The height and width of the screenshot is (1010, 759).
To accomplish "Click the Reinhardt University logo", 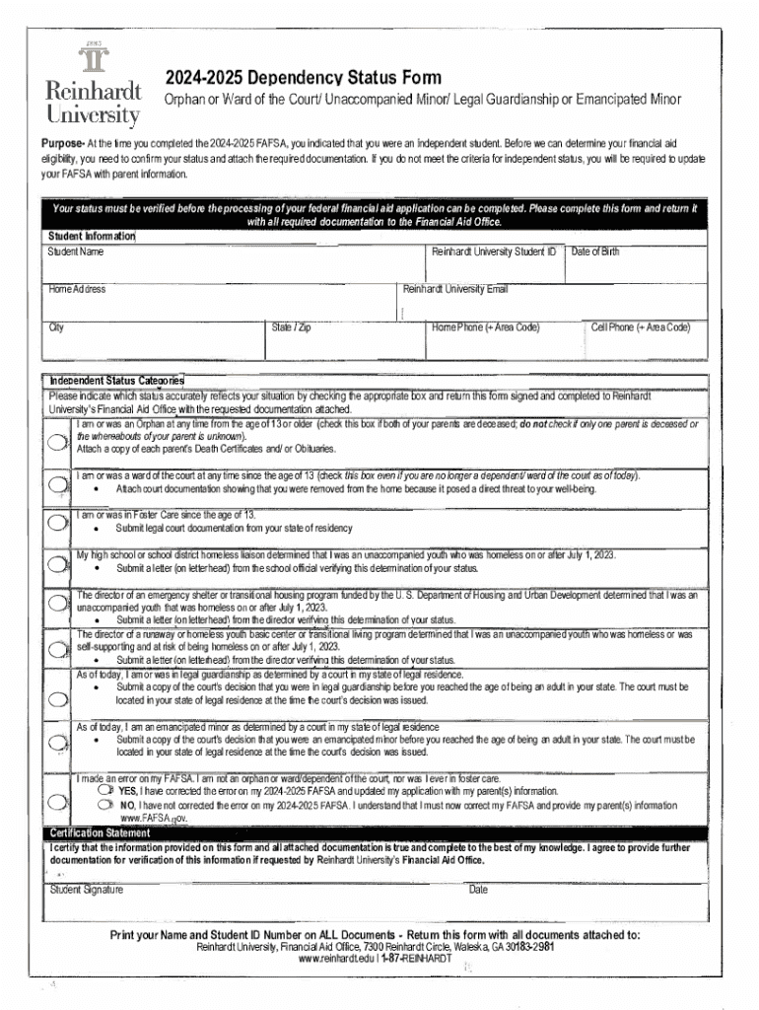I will coord(95,87).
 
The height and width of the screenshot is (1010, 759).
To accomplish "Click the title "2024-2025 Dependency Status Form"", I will coord(303,78).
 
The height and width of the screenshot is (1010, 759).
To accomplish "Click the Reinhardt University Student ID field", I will coord(495,267).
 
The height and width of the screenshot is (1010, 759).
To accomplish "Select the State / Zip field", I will coord(345,342).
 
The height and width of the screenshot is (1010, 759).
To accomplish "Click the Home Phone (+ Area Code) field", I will coord(504,342).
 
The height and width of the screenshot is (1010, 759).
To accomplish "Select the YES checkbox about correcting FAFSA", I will coord(103,790).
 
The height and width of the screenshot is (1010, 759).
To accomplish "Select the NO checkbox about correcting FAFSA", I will coord(103,804).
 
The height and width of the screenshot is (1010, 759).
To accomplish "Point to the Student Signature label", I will coord(87,890).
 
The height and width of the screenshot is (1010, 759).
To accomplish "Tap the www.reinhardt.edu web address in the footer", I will coord(337,959).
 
